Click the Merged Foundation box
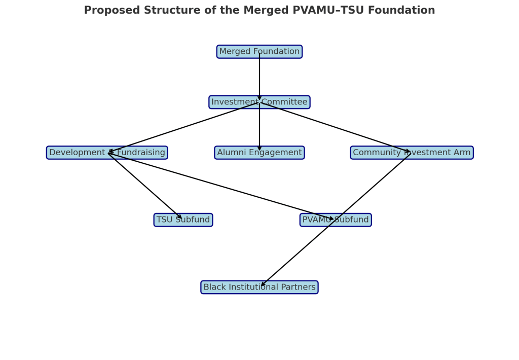click(259, 52)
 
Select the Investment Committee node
click(259, 102)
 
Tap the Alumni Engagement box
click(259, 153)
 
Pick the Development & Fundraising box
click(107, 153)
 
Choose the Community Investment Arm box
click(412, 153)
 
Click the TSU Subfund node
click(183, 220)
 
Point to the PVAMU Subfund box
click(336, 220)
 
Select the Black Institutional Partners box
click(259, 287)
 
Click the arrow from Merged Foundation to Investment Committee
click(259, 76)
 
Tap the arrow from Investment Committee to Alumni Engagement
click(259, 127)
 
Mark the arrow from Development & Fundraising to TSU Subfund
click(145, 186)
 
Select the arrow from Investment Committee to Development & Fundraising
click(183, 127)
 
